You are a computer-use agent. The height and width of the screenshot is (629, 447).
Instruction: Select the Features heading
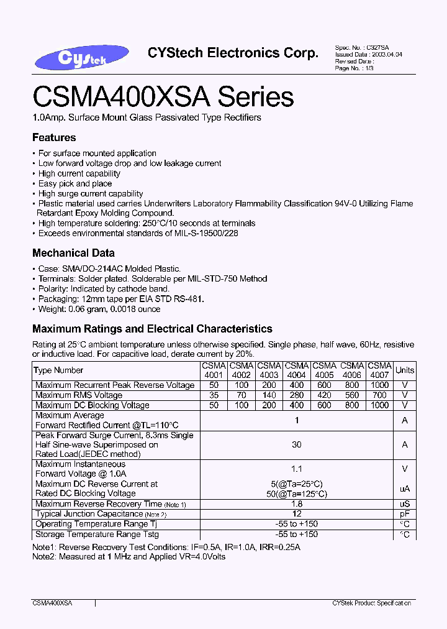coord(54,137)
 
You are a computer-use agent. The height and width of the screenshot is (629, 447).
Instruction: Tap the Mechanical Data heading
coord(73,253)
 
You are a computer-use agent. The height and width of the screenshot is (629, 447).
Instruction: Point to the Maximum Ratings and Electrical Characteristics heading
coord(152,329)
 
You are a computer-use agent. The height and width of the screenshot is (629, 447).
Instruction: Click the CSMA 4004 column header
coord(297,370)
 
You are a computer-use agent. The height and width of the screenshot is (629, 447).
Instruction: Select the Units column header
coord(405,370)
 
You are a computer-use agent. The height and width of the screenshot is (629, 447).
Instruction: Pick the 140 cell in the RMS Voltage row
coord(269,395)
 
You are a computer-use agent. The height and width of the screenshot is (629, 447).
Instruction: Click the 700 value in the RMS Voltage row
coord(379,395)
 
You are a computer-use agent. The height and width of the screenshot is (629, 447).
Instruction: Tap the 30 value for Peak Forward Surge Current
coord(297,444)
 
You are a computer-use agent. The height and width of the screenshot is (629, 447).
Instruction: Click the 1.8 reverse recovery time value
coord(297,504)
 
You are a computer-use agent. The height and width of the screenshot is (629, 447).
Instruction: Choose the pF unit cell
coord(405,514)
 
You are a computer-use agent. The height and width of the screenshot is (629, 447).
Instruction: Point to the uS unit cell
coord(405,504)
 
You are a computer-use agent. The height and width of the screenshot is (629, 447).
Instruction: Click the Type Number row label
coord(59,370)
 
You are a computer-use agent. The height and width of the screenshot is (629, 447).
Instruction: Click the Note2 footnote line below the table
coord(129,556)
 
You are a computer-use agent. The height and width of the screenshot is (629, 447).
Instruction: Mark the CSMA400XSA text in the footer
coord(52,604)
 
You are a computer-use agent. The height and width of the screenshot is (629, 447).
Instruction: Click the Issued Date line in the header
coord(369,55)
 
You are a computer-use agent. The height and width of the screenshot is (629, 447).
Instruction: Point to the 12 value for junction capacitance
coord(297,514)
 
